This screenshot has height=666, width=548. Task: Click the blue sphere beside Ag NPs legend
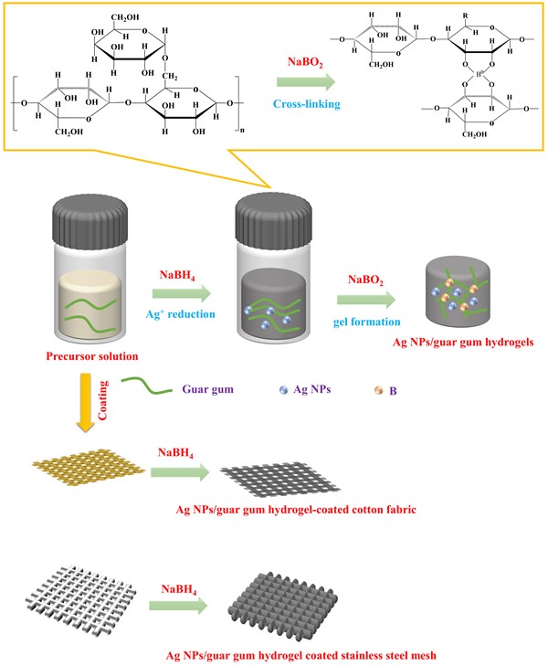point(283,389)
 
